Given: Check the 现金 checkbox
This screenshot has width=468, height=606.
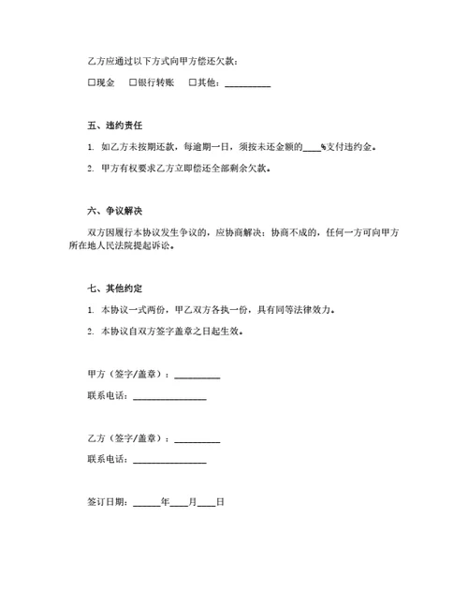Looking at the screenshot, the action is [x=92, y=83].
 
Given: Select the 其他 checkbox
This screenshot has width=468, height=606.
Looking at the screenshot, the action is [x=193, y=83].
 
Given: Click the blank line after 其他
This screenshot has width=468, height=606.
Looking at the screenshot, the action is [x=248, y=85].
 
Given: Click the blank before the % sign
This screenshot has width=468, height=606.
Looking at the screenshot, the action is [x=312, y=149].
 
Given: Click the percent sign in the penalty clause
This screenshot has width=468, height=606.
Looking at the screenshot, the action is [x=323, y=147].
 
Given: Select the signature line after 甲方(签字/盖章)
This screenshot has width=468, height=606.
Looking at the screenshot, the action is [x=197, y=377].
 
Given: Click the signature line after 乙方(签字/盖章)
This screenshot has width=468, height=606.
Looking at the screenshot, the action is [x=197, y=440].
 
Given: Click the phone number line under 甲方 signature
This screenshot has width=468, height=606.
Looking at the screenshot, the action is [x=169, y=399].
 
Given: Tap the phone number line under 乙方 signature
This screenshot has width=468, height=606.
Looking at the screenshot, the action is [x=169, y=462].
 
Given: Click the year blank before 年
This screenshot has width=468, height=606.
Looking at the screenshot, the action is [x=147, y=505].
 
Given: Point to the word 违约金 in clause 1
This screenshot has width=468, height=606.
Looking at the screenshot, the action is [x=367, y=147].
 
